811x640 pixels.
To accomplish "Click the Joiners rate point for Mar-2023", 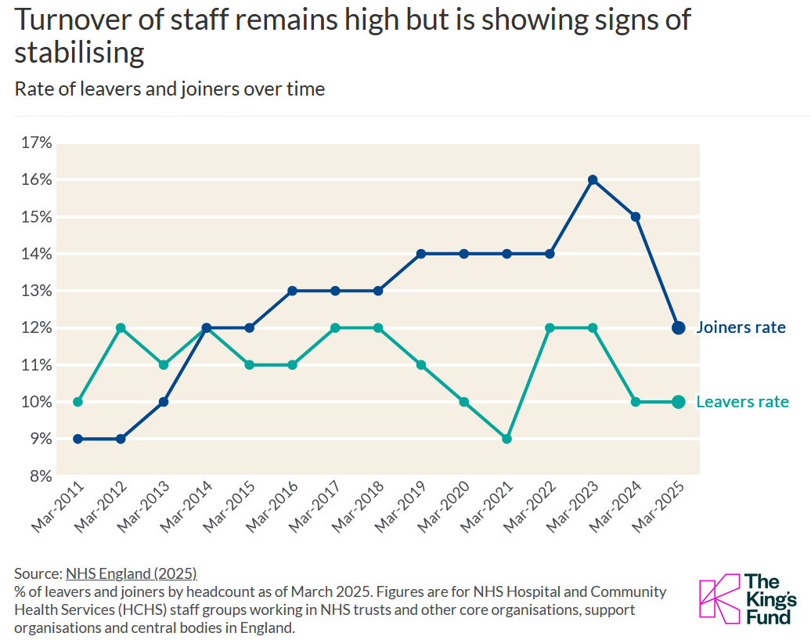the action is click(593, 180).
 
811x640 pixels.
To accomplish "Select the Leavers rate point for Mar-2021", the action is click(507, 439).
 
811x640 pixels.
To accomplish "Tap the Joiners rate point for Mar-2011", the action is click(77, 439).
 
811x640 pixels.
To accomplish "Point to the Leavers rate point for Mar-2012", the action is click(121, 328).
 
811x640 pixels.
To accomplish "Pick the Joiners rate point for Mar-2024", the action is click(636, 217).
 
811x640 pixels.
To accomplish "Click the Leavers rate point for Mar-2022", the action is click(550, 328).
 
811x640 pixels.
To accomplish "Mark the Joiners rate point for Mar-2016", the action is click(292, 291).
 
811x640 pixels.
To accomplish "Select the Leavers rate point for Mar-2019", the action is click(421, 365).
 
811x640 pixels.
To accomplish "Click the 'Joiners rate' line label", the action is click(741, 327).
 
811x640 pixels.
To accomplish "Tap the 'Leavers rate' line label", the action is click(743, 402).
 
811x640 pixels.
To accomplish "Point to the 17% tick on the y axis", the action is click(36, 143).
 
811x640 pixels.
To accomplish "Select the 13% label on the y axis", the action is click(36, 291).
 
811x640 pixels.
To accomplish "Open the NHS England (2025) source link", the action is click(132, 573).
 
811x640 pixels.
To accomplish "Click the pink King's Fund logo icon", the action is click(719, 598).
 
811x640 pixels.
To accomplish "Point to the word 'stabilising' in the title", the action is click(79, 52).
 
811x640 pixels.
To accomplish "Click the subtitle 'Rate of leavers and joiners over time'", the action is click(170, 89).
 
